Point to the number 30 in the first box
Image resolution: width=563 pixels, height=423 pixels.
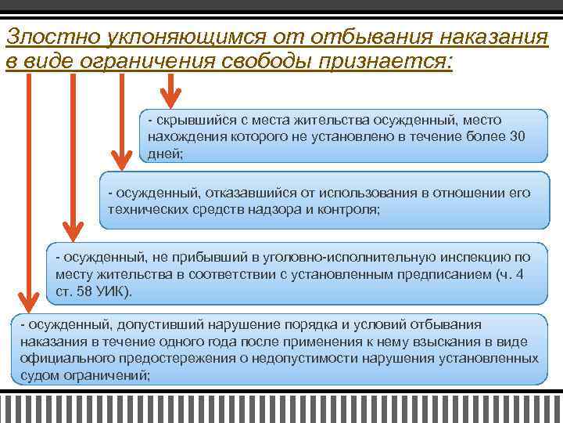[517, 136]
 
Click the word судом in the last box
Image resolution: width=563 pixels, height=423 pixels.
[37, 375]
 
